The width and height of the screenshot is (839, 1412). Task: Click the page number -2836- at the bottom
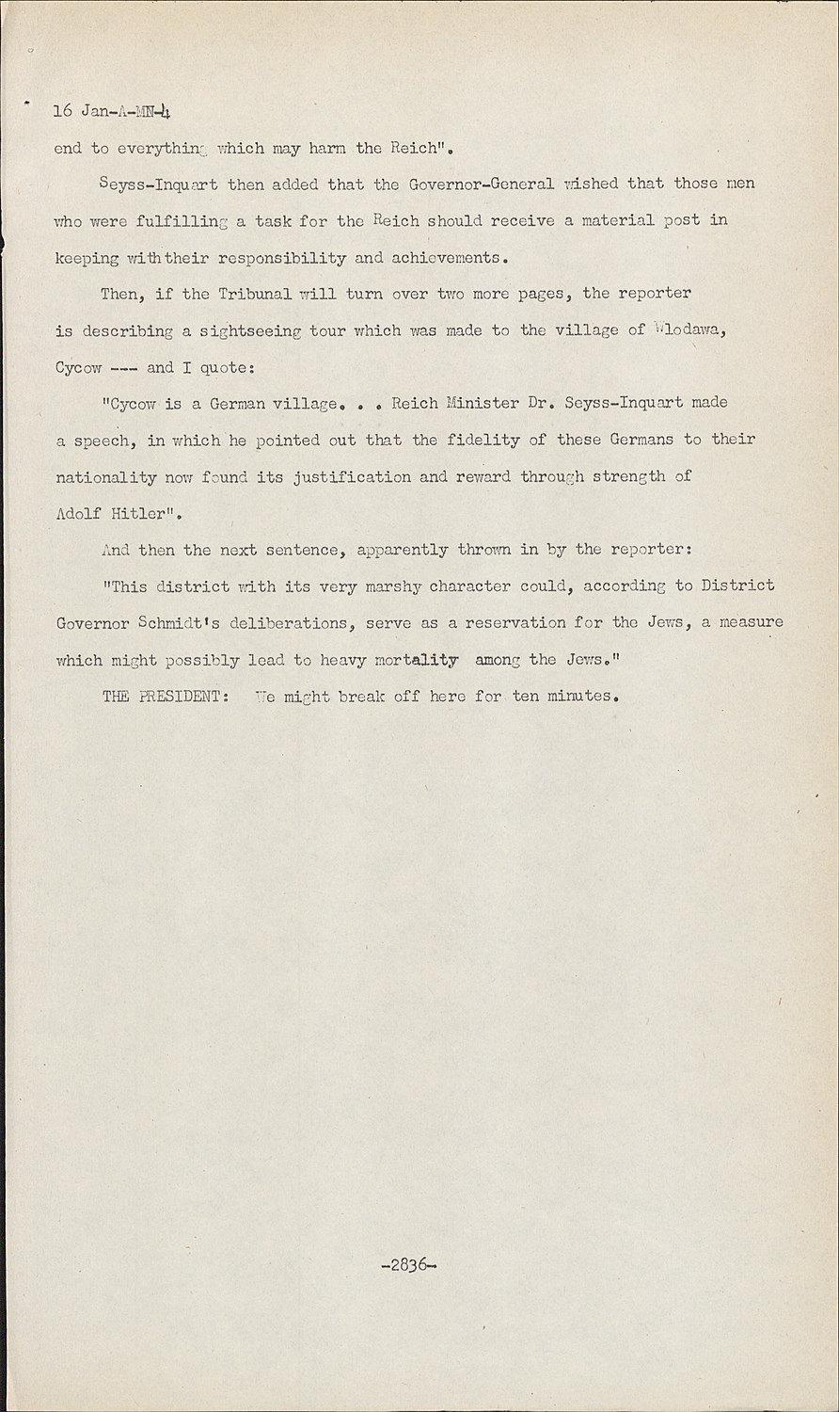click(410, 1266)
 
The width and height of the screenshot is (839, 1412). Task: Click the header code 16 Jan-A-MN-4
click(111, 112)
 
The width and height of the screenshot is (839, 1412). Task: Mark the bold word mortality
click(417, 660)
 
